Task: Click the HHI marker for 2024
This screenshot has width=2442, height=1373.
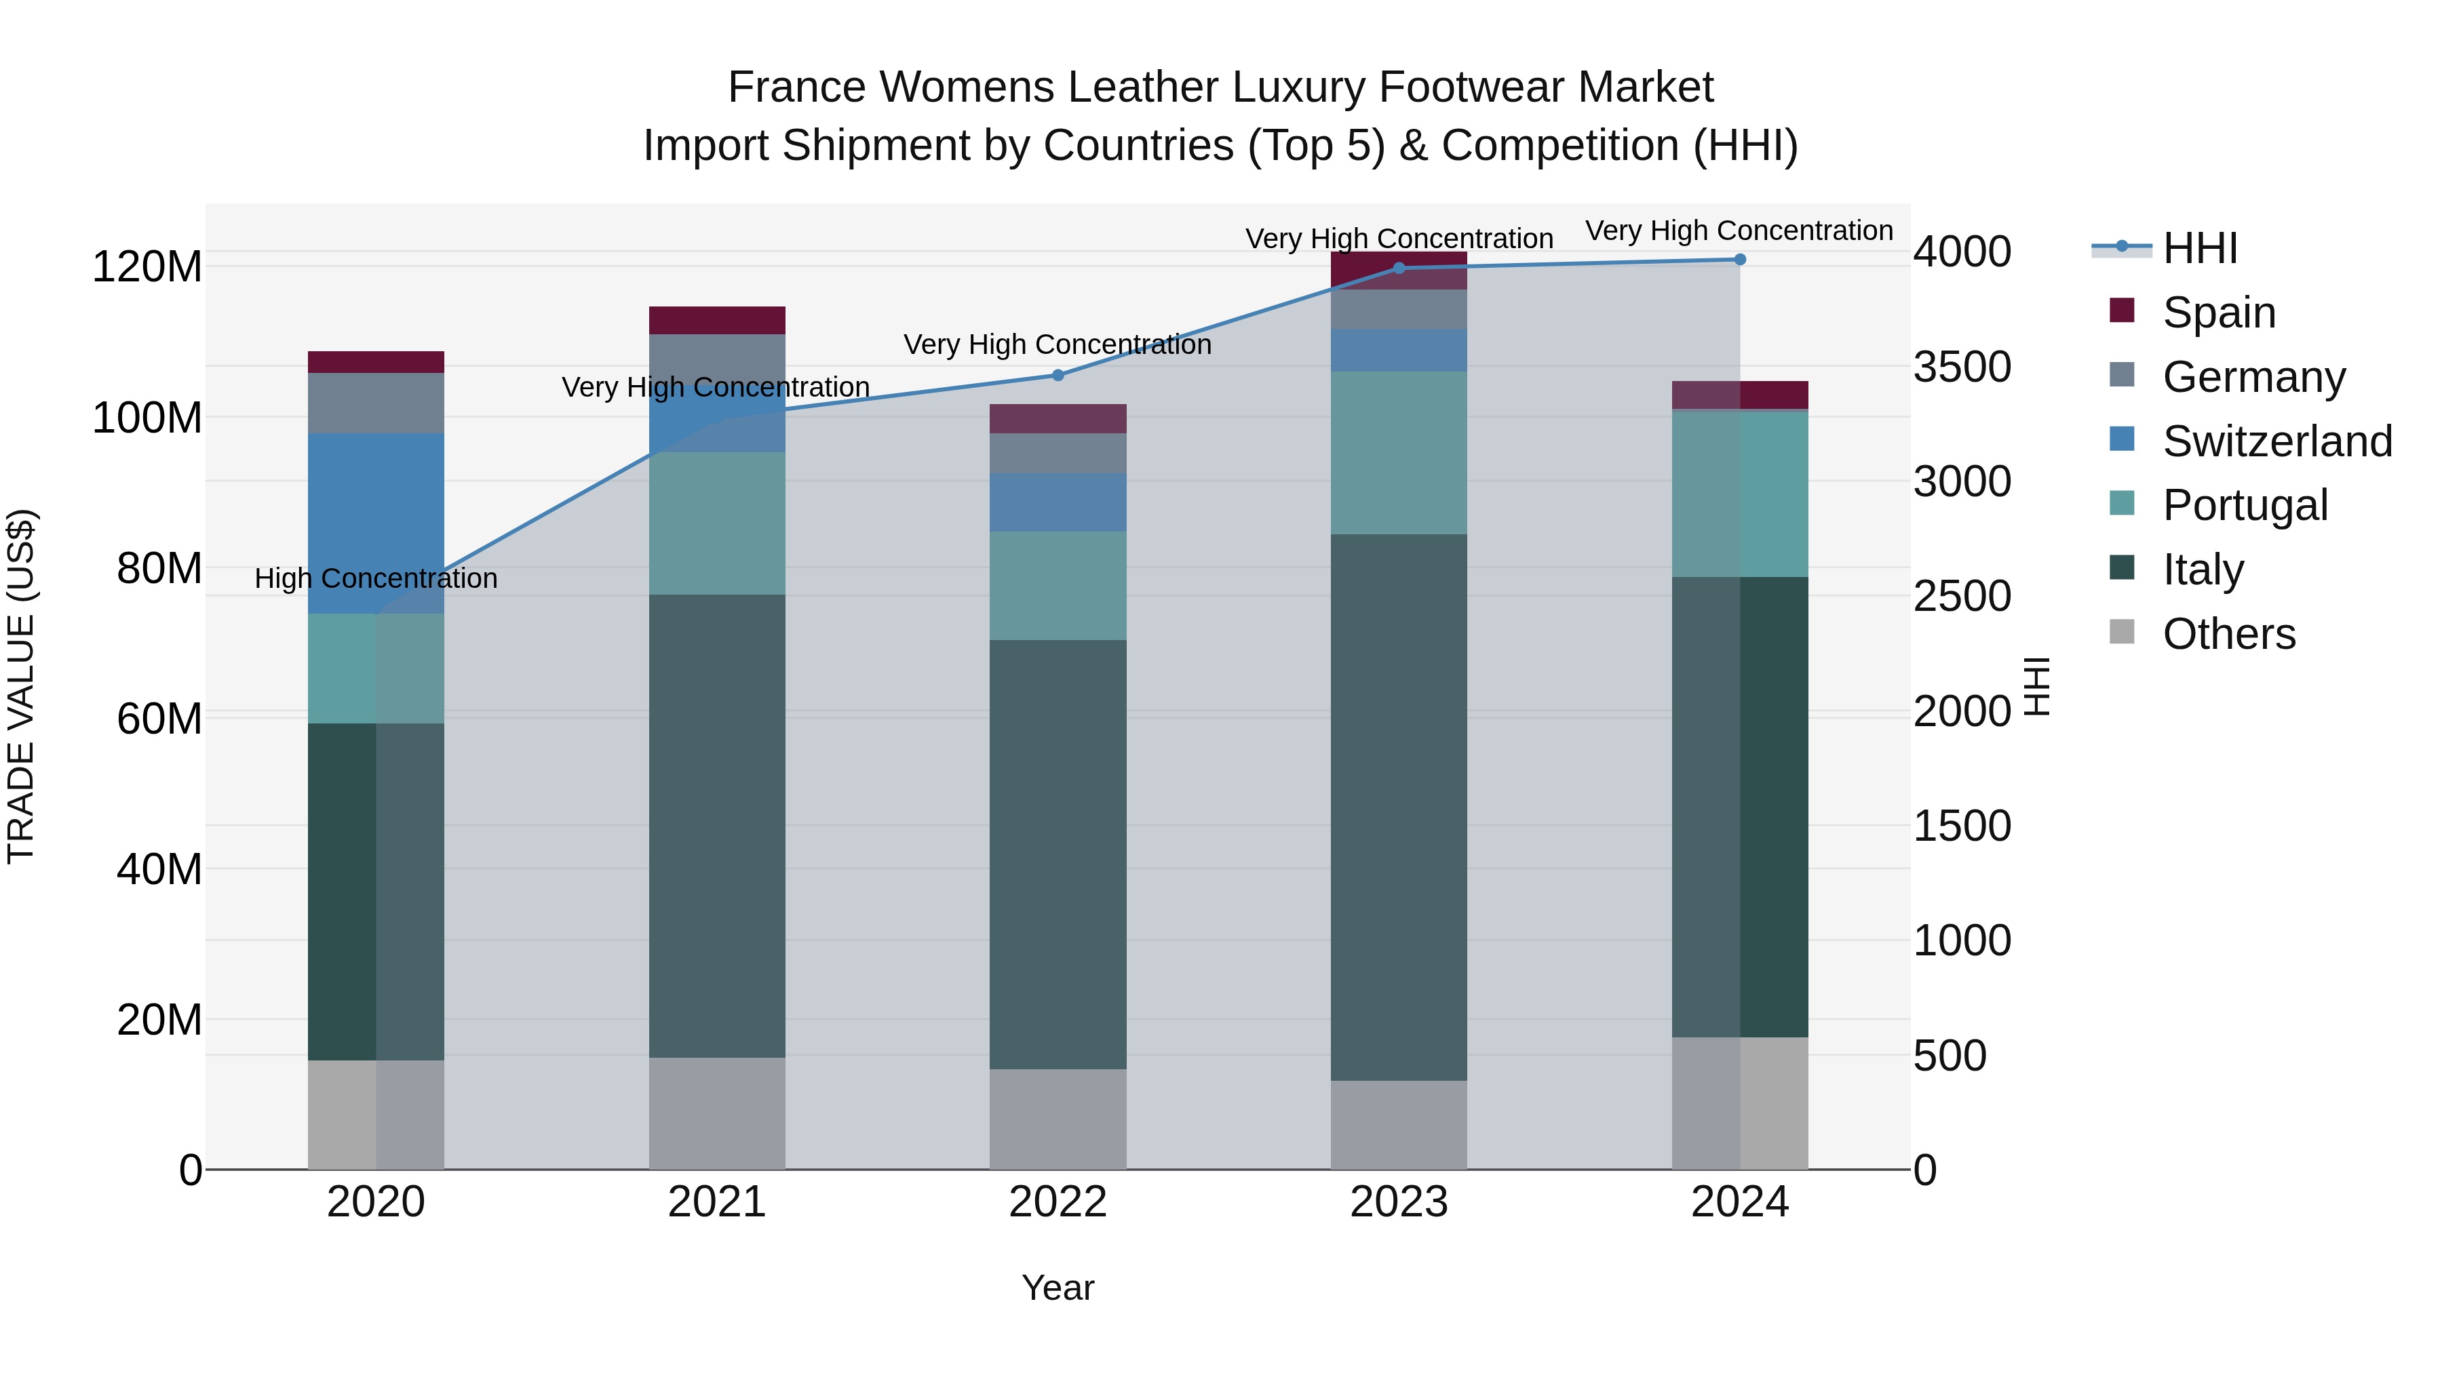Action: [x=1739, y=260]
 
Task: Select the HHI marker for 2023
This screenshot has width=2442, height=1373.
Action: [x=1399, y=268]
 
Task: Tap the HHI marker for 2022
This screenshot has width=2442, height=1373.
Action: [x=1058, y=375]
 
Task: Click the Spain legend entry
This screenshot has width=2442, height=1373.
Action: [x=2218, y=313]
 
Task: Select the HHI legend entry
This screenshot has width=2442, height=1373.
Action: [x=2199, y=248]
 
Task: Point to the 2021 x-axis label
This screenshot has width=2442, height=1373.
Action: [x=717, y=1202]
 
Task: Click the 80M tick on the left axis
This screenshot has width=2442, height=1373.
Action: [x=158, y=569]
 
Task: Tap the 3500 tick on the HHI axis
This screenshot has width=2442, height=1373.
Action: [x=1961, y=367]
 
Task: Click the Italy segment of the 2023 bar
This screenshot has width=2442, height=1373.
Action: [x=1399, y=808]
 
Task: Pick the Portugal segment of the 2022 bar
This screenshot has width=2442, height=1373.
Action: [x=1058, y=586]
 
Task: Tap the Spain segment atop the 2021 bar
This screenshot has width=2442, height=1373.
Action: [x=717, y=320]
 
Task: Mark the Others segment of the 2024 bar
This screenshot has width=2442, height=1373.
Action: [x=1739, y=1103]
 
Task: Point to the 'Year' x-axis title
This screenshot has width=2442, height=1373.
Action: [x=1058, y=1289]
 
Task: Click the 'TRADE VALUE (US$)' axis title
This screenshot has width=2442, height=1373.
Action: [x=22, y=686]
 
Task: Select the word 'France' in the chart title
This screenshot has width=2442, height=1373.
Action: [x=796, y=88]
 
